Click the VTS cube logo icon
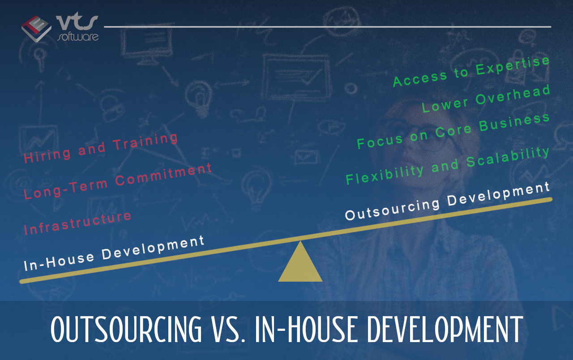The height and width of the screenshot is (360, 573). [x=36, y=29]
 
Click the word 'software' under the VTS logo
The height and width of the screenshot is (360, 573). [x=78, y=37]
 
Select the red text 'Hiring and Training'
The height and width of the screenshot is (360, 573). [x=101, y=148]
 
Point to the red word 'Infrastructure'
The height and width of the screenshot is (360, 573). [x=77, y=223]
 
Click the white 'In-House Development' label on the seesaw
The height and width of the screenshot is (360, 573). [x=114, y=253]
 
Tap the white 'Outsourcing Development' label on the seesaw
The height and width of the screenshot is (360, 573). [x=447, y=201]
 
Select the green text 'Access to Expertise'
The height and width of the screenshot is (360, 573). [x=471, y=71]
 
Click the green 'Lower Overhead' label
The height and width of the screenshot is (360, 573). [x=486, y=99]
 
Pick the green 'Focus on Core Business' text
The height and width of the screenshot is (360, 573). [x=453, y=131]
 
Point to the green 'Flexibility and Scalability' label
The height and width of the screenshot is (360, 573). [x=447, y=166]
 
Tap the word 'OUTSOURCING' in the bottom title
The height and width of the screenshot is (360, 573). [x=126, y=329]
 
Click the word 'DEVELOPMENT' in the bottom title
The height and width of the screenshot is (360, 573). [x=445, y=329]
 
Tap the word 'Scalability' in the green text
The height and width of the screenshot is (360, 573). [x=508, y=157]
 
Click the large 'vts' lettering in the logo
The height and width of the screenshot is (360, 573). [x=77, y=22]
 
